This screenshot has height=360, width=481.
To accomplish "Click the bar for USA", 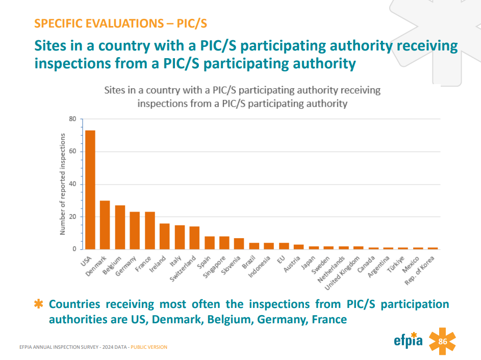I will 90,190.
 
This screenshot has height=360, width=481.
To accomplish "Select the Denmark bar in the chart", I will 105,225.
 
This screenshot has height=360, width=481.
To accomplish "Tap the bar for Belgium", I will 120,227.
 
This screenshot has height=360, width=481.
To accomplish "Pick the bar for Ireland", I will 165,236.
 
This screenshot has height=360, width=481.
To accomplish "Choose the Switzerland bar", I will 194,238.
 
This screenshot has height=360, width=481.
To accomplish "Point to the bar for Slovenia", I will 239,244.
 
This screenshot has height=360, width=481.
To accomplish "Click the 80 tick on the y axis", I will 72,119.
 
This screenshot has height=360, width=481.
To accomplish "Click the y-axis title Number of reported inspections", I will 63,184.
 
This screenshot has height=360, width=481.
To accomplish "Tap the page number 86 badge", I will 442,342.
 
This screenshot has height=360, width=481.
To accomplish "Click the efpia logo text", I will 408,340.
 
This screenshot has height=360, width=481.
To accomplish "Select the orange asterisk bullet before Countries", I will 38,304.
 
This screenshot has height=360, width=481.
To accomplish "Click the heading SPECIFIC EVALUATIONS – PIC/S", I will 120,23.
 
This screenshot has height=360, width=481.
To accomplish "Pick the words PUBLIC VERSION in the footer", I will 149,347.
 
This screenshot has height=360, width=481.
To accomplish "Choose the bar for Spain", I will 210,243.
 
